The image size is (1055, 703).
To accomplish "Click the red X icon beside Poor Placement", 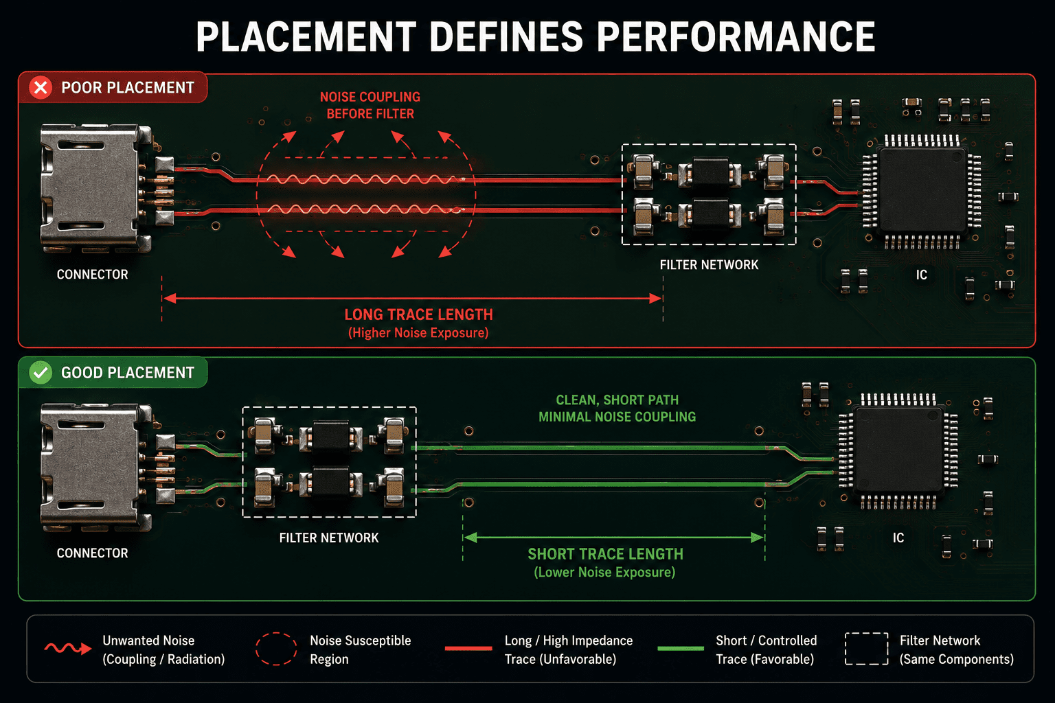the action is pyautogui.click(x=41, y=88).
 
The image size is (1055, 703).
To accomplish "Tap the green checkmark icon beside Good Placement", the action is pyautogui.click(x=41, y=373).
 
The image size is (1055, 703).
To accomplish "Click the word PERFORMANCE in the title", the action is pyautogui.click(x=736, y=36).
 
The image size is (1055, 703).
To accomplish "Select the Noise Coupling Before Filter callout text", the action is pyautogui.click(x=370, y=106).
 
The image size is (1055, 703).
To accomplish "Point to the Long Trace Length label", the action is pyautogui.click(x=419, y=314).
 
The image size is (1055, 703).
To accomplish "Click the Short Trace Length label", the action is pyautogui.click(x=605, y=554).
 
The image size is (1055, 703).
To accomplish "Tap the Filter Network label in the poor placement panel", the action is pyautogui.click(x=709, y=265).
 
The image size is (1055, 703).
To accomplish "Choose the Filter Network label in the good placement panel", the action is pyautogui.click(x=329, y=538).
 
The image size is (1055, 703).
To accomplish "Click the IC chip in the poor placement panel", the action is pyautogui.click(x=922, y=192).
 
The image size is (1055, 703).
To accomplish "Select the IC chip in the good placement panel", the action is pyautogui.click(x=898, y=452).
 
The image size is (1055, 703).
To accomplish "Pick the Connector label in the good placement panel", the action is pyautogui.click(x=92, y=553).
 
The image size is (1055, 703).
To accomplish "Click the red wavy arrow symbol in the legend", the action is pyautogui.click(x=68, y=648).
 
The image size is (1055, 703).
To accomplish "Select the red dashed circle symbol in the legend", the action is pyautogui.click(x=276, y=649).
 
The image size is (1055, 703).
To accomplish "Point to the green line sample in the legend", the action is pyautogui.click(x=681, y=648).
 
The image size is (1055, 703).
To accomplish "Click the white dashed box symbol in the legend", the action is pyautogui.click(x=867, y=649).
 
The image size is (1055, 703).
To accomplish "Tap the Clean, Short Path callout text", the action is pyautogui.click(x=617, y=408).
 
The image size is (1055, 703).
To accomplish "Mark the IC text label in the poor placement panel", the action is pyautogui.click(x=921, y=275).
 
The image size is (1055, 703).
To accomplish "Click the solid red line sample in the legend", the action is pyautogui.click(x=468, y=648).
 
